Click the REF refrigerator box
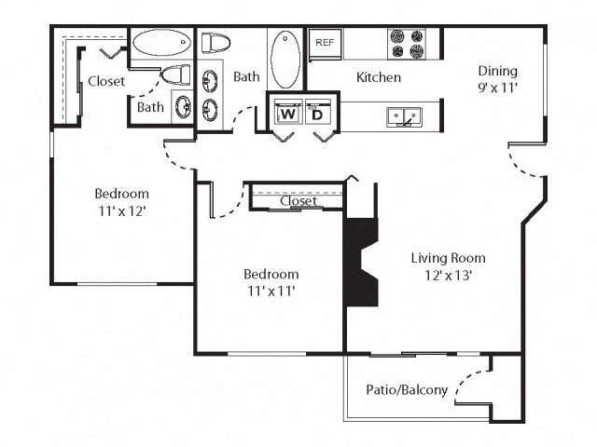tap(325, 43)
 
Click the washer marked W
tap(287, 114)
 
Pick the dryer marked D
tap(316, 114)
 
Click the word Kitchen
tap(379, 77)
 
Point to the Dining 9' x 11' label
tap(497, 80)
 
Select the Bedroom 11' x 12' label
tap(121, 202)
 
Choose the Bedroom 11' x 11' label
tap(271, 282)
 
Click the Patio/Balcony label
tap(408, 390)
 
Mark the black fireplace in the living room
tap(360, 262)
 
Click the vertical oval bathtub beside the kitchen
tap(285, 59)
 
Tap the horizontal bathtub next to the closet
tap(160, 43)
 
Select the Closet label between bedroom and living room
tap(298, 201)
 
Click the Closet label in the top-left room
tap(106, 81)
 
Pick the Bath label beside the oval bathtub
tap(246, 77)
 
